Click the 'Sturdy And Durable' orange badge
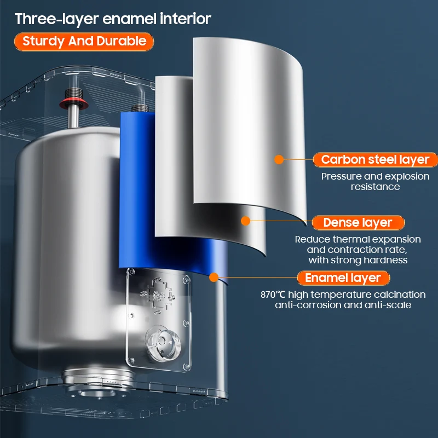pyautogui.click(x=84, y=41)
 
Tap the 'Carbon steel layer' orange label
pyautogui.click(x=375, y=160)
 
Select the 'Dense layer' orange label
pyautogui.click(x=358, y=222)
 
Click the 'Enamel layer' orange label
pyautogui.click(x=343, y=278)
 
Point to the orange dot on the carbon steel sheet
pyautogui.click(x=279, y=160)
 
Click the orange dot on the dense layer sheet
pyautogui.click(x=245, y=221)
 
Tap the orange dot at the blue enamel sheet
pyautogui.click(x=214, y=277)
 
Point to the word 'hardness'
pyautogui.click(x=389, y=260)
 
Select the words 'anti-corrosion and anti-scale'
pyautogui.click(x=343, y=305)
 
